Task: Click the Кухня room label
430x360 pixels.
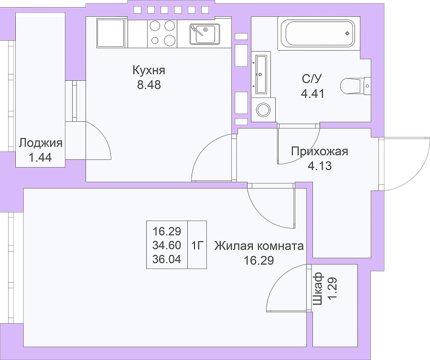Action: [x=149, y=70]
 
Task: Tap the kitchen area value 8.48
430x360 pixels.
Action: [x=149, y=85]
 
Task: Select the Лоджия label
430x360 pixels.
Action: [x=41, y=143]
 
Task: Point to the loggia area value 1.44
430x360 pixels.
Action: [x=40, y=158]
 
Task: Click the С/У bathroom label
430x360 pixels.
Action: [x=312, y=79]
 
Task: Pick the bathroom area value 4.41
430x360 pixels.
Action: [x=312, y=94]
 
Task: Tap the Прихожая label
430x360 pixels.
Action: [x=320, y=151]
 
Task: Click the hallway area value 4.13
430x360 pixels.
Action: [x=320, y=166]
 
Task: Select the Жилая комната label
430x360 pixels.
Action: [x=259, y=246]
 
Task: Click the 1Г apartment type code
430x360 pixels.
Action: [x=197, y=246]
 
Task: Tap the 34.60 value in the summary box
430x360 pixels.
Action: [x=167, y=245]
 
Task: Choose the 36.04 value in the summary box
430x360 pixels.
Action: [x=167, y=259]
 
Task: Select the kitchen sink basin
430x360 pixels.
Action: [x=205, y=34]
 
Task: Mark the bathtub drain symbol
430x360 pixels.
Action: [x=347, y=33]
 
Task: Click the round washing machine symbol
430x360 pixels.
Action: [x=263, y=110]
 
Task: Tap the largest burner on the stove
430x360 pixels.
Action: [x=170, y=40]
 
